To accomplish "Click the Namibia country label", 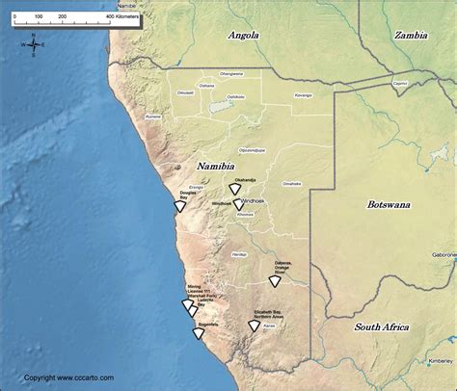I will (x=217, y=167).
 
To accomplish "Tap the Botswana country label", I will (x=389, y=204).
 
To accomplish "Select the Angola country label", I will (x=243, y=36).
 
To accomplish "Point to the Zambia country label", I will (x=412, y=35).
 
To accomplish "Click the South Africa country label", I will (x=382, y=326).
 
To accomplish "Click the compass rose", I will (x=33, y=44).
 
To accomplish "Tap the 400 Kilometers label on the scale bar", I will (x=122, y=17).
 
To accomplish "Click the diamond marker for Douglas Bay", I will (x=179, y=206).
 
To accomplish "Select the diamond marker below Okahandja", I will (x=234, y=190).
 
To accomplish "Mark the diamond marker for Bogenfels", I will (x=198, y=333).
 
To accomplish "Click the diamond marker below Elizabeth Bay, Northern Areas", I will (x=254, y=326).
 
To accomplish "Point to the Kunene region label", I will (x=152, y=117).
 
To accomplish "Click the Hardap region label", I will (x=238, y=253).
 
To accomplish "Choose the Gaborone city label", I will (x=444, y=254).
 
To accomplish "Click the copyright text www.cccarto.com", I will (x=63, y=378).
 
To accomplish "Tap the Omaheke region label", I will (x=291, y=183).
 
